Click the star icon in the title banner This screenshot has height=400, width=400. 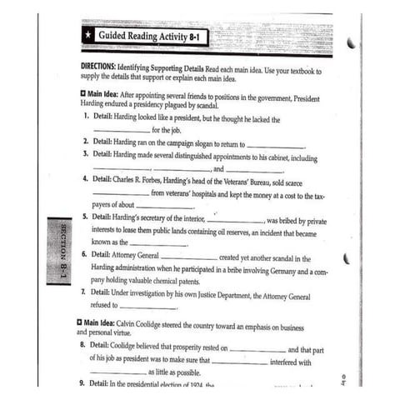coord(87,37)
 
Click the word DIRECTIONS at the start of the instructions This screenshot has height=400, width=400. coord(102,65)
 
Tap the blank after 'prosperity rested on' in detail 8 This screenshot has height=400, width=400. coord(256,350)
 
